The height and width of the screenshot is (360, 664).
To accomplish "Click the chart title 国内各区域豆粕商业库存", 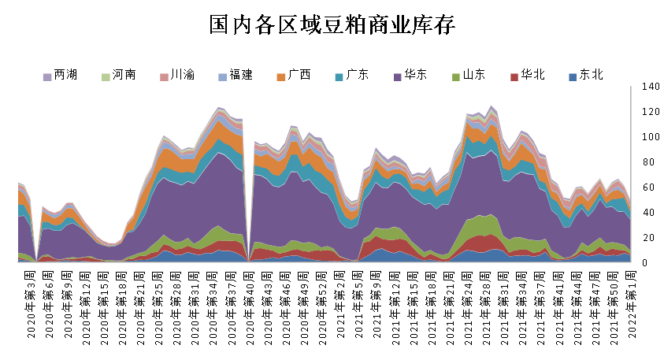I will coord(332,25).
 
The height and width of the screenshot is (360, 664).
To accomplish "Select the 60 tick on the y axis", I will coord(648,187).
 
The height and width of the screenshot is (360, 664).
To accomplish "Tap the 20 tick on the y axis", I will coord(648,238).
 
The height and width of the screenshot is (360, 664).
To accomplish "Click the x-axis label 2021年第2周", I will coord(340,304).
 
